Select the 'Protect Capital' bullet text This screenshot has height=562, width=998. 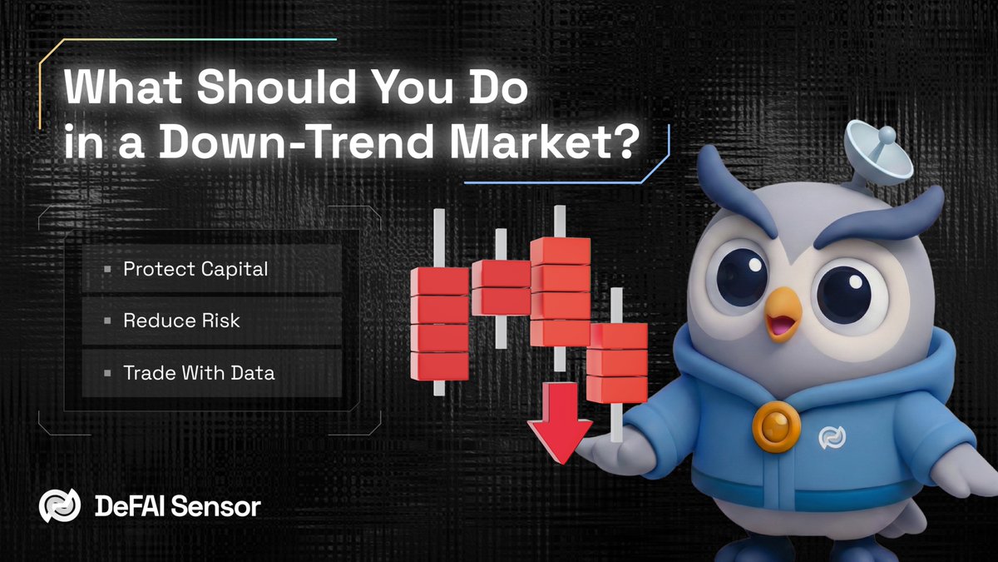[195, 270]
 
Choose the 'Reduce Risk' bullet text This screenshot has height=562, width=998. [181, 321]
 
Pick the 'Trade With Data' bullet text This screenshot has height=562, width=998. [199, 372]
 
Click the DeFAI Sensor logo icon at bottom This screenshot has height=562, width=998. [60, 506]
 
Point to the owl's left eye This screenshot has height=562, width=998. [739, 275]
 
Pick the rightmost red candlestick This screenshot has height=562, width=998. [617, 362]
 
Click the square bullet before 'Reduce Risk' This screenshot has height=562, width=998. [107, 321]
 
